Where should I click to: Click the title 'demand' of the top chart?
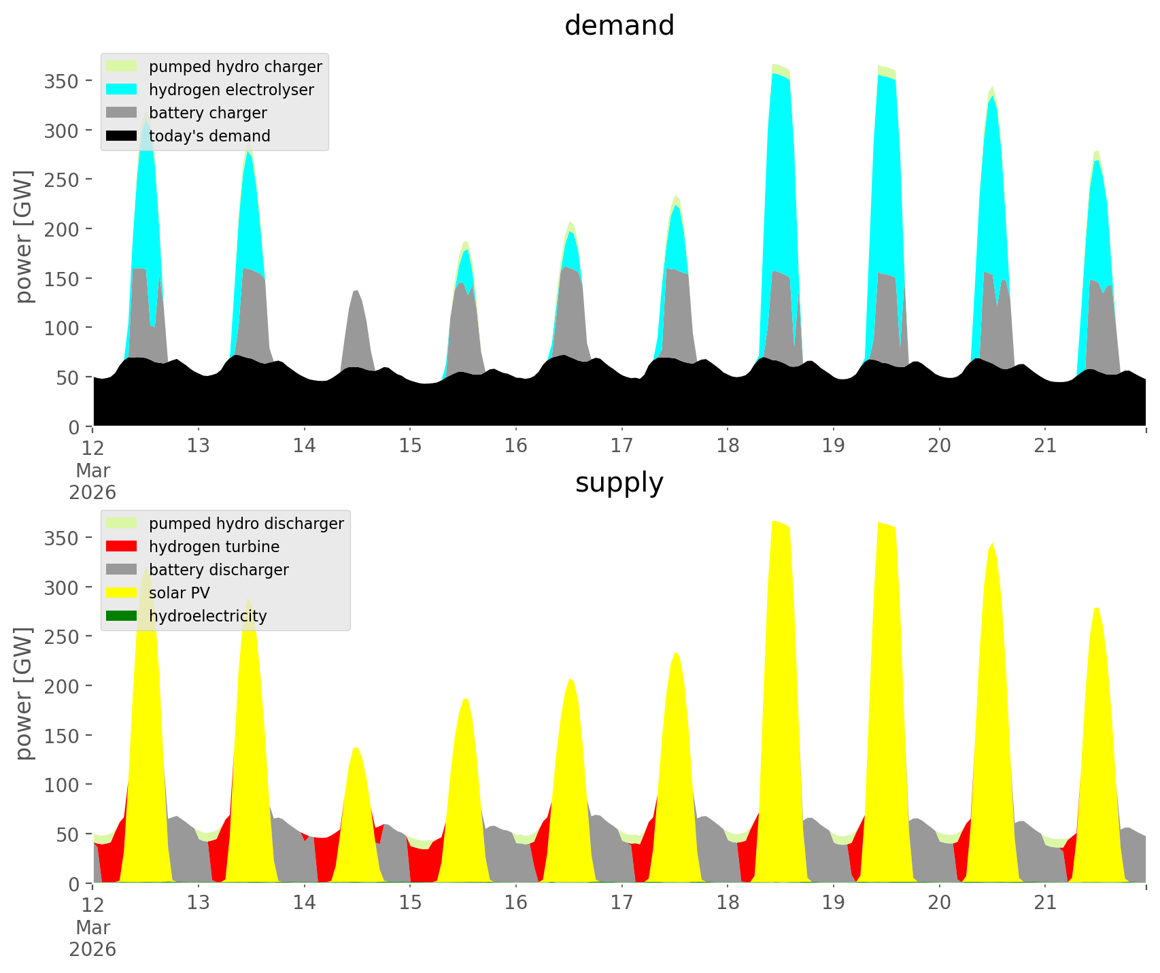point(619,26)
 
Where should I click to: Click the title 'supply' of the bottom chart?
point(619,483)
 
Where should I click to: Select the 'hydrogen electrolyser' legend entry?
point(231,90)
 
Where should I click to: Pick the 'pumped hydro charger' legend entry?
point(235,67)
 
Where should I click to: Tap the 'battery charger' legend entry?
point(207,113)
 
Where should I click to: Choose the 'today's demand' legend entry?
point(209,136)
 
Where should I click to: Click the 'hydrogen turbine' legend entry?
point(214,547)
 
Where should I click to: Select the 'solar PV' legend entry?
point(180,593)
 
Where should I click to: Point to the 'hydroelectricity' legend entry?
point(207,616)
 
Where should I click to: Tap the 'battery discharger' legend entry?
point(218,570)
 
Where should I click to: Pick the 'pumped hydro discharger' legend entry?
point(246,524)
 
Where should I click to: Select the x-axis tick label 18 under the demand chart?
point(728,446)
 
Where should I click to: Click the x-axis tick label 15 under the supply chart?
point(410,903)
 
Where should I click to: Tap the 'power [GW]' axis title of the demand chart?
point(24,237)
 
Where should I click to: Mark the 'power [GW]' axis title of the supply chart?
point(24,694)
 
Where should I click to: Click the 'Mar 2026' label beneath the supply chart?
point(92,938)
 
